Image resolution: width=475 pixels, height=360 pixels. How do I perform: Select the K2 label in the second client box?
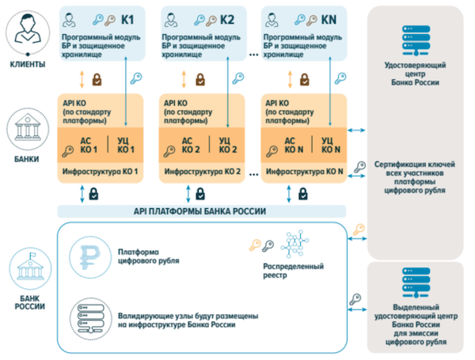(227, 17)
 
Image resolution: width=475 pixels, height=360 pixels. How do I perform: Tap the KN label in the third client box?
(328, 17)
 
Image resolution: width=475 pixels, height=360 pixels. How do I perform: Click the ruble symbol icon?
(86, 257)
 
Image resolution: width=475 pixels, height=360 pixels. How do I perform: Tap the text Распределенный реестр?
(295, 272)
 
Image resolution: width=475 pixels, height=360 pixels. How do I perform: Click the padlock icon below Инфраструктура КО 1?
(93, 192)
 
